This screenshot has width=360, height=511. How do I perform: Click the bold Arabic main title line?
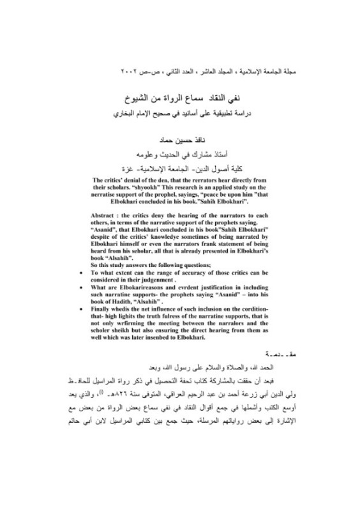tap(179, 100)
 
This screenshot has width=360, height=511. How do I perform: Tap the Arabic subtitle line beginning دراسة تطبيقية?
tap(179, 116)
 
